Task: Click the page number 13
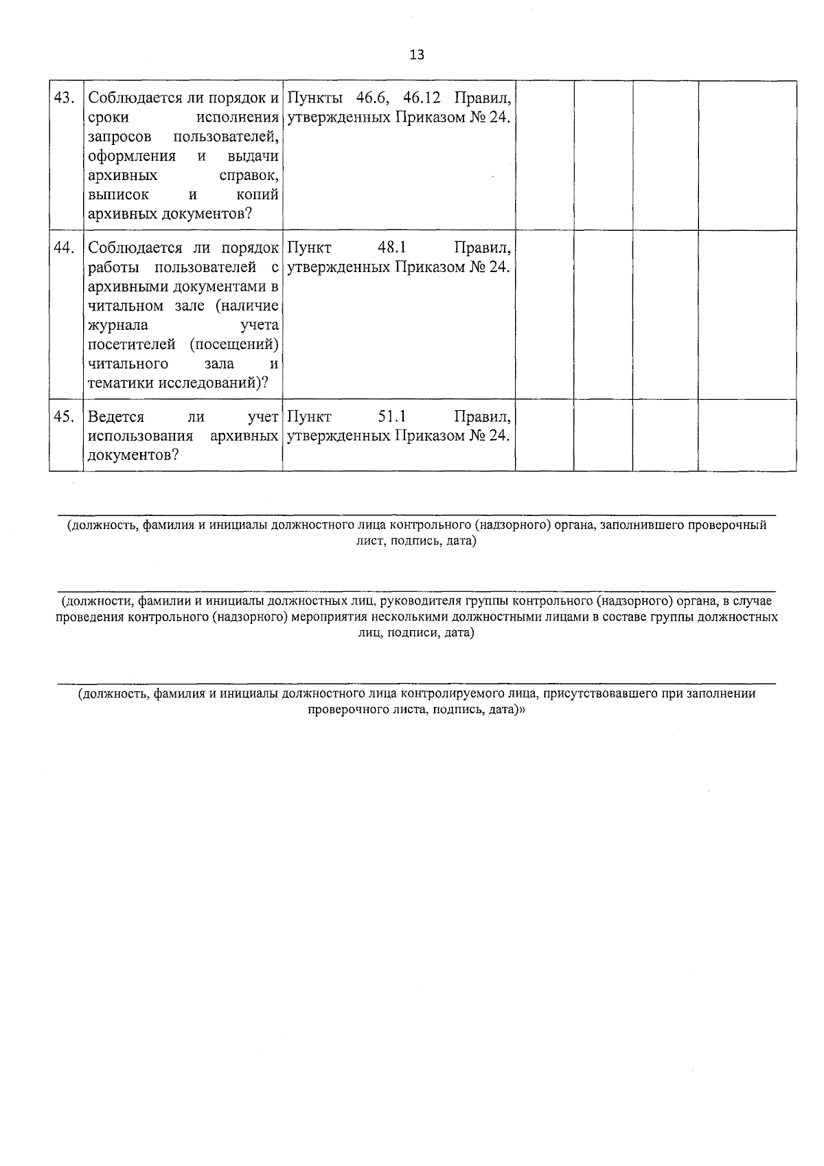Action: point(417,55)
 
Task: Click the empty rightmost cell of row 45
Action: point(747,436)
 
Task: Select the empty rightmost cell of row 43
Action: point(747,155)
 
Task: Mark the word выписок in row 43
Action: point(118,195)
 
